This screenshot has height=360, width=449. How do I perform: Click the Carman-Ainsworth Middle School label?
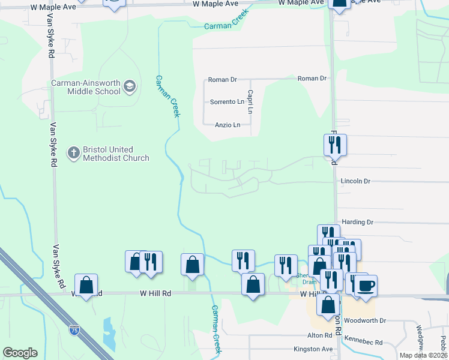coord(85,87)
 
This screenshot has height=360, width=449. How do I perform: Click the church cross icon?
coord(73,152)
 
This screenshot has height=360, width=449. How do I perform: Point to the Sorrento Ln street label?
coord(227,102)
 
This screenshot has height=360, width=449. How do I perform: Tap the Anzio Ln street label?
coord(228,125)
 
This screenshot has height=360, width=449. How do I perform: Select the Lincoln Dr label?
coord(355,181)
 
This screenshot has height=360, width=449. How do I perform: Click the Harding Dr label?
coord(357,222)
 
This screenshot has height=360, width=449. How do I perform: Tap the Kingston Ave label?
coord(313,349)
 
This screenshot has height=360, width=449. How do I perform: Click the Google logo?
coord(20,353)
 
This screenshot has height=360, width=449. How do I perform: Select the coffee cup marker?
coord(366,285)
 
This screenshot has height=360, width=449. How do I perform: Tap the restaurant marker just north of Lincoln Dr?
coord(335,145)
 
